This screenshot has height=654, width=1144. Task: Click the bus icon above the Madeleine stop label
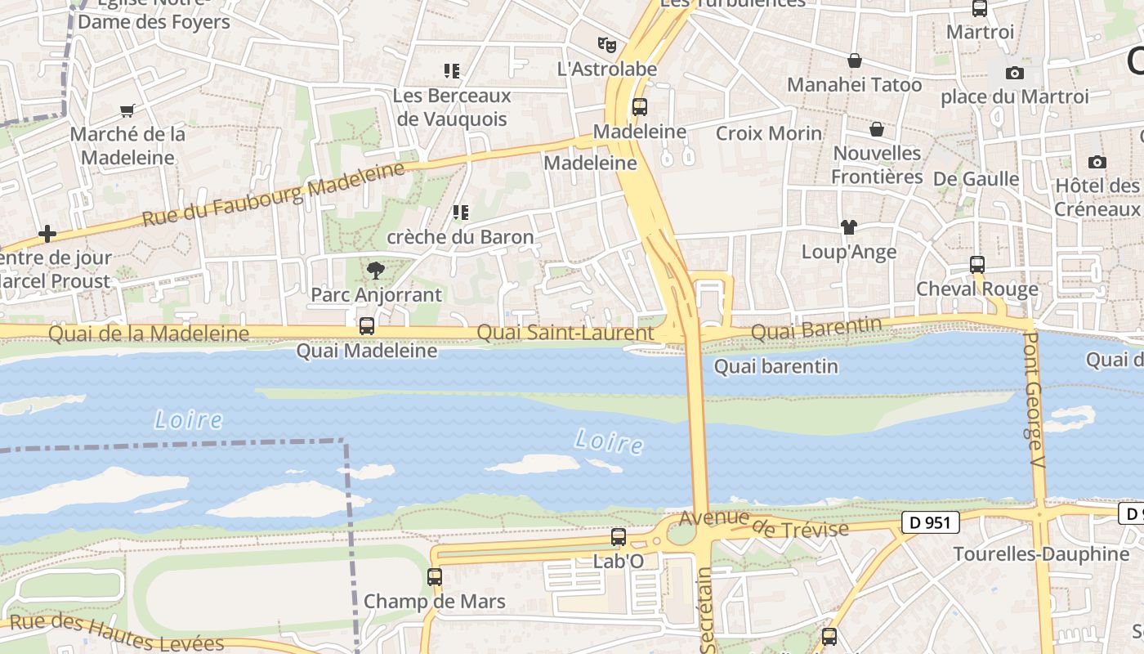coord(640,107)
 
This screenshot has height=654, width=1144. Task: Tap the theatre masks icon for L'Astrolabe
coord(606,44)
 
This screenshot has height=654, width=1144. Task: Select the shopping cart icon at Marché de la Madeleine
coord(127,110)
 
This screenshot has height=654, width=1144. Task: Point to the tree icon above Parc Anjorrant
coord(376,270)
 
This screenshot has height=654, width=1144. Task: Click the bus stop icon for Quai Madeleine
coord(367,326)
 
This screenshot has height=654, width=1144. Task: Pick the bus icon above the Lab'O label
coord(619,537)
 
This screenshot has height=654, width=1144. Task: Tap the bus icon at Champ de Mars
coord(435,577)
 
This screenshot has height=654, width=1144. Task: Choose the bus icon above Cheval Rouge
coord(977,265)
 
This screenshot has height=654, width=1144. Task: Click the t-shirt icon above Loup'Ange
coord(849,227)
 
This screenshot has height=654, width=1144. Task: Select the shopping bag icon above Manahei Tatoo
coord(854,60)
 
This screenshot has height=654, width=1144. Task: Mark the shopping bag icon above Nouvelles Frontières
coord(876,129)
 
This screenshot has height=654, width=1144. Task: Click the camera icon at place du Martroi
coord(1015,73)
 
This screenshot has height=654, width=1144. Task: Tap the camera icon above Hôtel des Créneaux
coord(1097,162)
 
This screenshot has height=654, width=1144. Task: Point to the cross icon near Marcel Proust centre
coord(47,235)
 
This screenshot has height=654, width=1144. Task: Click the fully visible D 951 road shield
coord(930,522)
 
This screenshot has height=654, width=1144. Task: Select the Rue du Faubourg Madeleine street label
coord(274,195)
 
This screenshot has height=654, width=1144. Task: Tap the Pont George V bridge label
coord(1035,401)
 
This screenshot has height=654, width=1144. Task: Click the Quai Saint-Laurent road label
coord(565,333)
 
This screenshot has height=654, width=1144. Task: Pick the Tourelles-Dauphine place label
coord(1041,554)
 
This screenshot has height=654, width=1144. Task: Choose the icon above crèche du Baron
coord(461,213)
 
